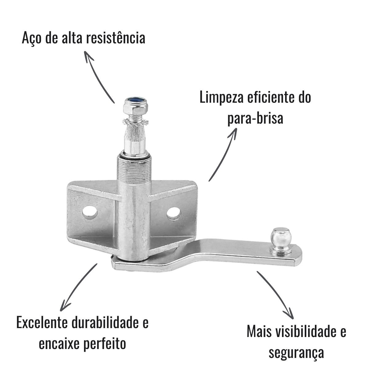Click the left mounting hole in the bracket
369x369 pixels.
(x=90, y=212)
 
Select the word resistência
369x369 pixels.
(x=116, y=38)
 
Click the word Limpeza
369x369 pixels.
(x=222, y=98)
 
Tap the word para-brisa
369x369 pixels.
(x=255, y=118)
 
